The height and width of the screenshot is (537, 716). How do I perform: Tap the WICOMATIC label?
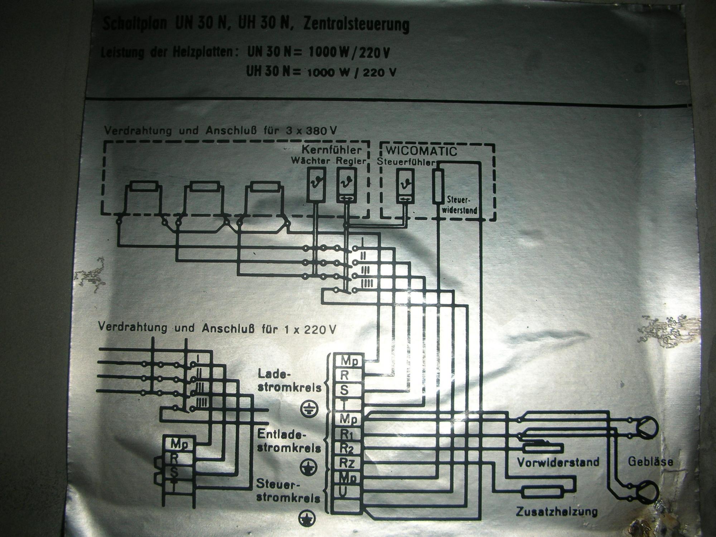(x=421, y=151)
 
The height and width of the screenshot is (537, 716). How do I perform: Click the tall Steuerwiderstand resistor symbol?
(x=438, y=187)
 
